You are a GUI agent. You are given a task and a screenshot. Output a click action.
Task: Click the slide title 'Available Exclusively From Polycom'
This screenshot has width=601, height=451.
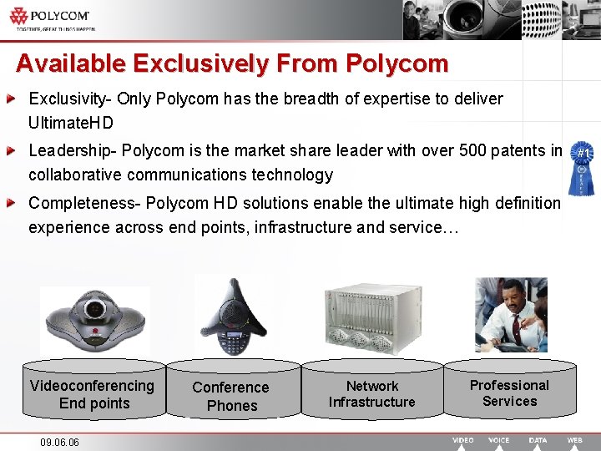point(232,63)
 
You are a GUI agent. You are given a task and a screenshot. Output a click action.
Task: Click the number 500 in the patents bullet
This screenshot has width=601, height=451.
point(467,151)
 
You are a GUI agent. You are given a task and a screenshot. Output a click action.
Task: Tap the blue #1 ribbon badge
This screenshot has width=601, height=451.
point(583,171)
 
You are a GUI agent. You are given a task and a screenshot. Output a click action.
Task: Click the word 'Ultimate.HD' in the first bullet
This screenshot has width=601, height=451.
point(71,123)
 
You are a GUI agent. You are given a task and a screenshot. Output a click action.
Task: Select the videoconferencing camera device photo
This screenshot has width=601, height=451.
point(94,318)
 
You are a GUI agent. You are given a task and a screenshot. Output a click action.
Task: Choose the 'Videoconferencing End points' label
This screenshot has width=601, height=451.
point(92,394)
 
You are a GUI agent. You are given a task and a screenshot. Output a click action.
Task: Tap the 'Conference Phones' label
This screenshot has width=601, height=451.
point(231,397)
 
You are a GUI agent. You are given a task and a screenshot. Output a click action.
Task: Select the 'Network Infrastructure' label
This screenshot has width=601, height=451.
point(372,394)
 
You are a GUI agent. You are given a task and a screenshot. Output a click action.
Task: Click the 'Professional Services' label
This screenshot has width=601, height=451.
point(509,393)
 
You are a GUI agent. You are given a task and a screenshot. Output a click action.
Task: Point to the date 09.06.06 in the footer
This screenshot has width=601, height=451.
point(59,442)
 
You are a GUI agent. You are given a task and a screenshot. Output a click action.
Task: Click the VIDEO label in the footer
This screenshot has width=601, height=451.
point(463,440)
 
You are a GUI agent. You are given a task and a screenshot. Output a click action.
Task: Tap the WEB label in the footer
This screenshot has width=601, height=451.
point(574,440)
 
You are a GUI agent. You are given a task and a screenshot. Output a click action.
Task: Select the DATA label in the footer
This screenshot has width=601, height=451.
point(538,440)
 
